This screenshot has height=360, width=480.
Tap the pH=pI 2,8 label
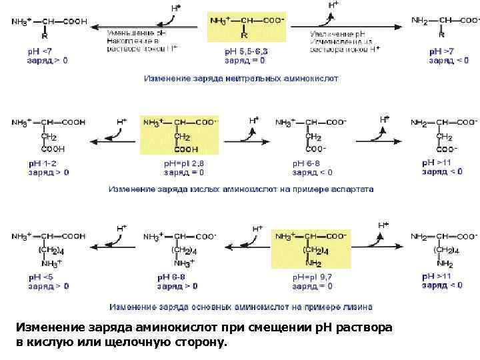[x=184, y=163]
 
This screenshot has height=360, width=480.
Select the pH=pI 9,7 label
[x=312, y=276]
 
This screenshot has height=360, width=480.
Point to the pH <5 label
[x=41, y=276]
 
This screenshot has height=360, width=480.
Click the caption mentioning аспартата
[x=242, y=189]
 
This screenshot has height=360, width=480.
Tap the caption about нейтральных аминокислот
[x=242, y=78]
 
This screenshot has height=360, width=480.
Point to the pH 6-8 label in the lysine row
[x=171, y=276]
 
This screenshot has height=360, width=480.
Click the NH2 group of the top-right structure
[x=419, y=21]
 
